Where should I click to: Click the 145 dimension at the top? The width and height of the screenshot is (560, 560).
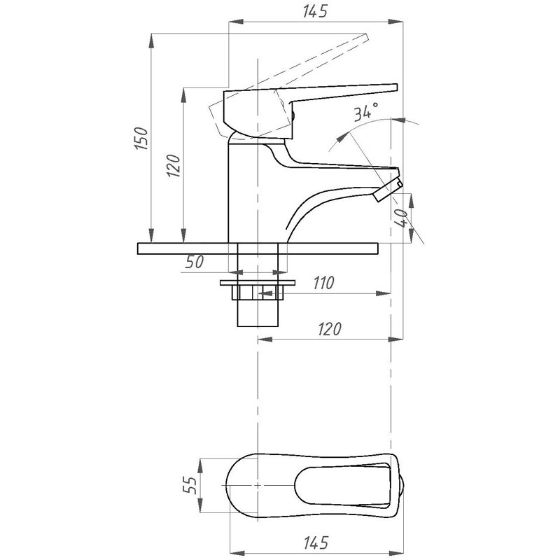(315, 11)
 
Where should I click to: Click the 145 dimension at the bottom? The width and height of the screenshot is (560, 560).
(316, 542)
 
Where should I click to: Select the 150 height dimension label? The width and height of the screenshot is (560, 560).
(141, 138)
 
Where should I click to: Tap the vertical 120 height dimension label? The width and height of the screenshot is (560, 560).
(173, 165)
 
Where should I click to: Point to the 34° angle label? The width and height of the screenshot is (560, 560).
(366, 111)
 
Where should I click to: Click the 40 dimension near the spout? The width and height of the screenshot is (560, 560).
(401, 218)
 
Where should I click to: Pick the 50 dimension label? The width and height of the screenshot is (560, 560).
(195, 262)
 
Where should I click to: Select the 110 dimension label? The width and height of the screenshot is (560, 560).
(323, 283)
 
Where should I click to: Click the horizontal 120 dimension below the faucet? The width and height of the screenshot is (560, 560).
(330, 329)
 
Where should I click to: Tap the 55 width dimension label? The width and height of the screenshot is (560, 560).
(191, 485)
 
